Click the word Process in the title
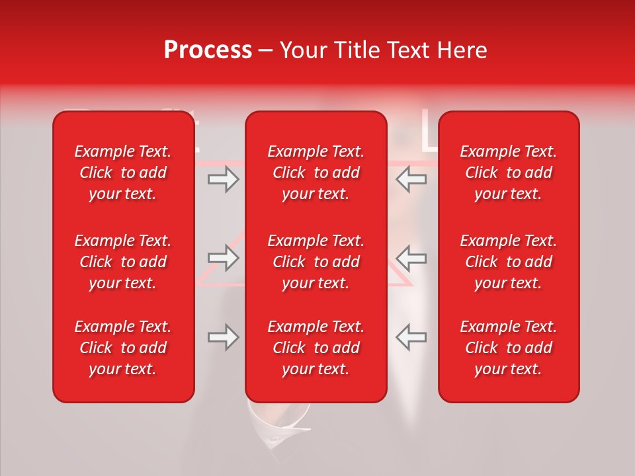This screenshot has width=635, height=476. (x=208, y=50)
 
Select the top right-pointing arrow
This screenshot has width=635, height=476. (x=223, y=178)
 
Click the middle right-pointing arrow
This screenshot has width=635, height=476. (x=223, y=258)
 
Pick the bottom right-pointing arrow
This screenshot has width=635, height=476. (x=223, y=337)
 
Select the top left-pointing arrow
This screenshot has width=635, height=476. (x=411, y=178)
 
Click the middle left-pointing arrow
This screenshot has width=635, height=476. (x=411, y=258)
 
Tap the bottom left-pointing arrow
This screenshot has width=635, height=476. (x=411, y=337)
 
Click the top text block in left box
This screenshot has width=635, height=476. (x=123, y=173)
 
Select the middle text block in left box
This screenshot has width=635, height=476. (x=123, y=262)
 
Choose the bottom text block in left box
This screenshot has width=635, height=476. (x=123, y=348)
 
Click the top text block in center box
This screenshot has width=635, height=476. (x=316, y=173)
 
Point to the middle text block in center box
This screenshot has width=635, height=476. (x=316, y=262)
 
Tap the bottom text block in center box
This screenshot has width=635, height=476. (x=316, y=348)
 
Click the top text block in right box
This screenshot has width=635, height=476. (x=508, y=173)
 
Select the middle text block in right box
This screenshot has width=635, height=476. (x=508, y=262)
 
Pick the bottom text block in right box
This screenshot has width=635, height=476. (x=508, y=348)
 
